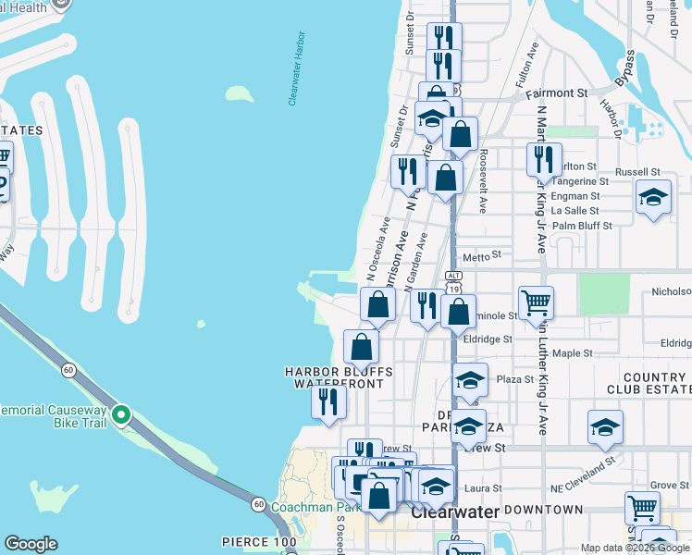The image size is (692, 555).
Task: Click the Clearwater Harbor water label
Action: tap(296, 74)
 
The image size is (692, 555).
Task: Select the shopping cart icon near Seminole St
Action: tap(536, 302)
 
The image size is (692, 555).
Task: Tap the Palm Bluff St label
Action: tap(582, 226)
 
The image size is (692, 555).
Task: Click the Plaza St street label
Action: tap(515, 379)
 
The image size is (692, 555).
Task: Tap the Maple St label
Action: tap(573, 353)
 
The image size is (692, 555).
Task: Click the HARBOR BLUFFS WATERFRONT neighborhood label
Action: tap(339, 377)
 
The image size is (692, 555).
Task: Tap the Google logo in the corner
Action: tap(31, 544)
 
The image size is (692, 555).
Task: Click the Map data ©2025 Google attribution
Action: tap(635, 549)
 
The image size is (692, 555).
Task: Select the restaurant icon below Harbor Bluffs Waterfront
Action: tap(328, 402)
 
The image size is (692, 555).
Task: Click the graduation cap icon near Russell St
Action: tap(653, 198)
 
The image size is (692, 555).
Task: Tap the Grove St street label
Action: tap(663, 485)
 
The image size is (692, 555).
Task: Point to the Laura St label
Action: tap(484, 488)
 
